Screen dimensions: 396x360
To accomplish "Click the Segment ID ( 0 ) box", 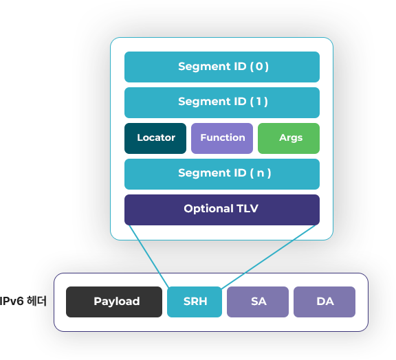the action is pyautogui.click(x=222, y=67).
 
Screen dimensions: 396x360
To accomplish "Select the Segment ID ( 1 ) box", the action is pyautogui.click(x=222, y=102).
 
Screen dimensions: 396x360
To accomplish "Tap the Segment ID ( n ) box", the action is pyautogui.click(x=222, y=174).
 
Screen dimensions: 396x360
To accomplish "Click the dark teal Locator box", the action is pyautogui.click(x=155, y=138).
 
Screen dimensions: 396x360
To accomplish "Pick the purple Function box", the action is pyautogui.click(x=222, y=138).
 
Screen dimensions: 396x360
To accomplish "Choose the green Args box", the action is pyautogui.click(x=289, y=138).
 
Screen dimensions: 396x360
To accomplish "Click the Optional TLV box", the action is pyautogui.click(x=222, y=210).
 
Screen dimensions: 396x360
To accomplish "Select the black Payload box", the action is pyautogui.click(x=114, y=302).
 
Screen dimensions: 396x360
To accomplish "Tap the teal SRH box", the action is pyautogui.click(x=195, y=302).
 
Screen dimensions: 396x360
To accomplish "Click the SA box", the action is pyautogui.click(x=258, y=302).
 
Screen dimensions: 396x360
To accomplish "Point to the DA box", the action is pyautogui.click(x=324, y=302).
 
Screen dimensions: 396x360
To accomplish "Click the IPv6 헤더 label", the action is pyautogui.click(x=23, y=301).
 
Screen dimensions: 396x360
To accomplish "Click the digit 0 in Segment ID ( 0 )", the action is pyautogui.click(x=259, y=67).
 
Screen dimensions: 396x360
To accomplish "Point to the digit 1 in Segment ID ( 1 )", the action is pyautogui.click(x=258, y=102).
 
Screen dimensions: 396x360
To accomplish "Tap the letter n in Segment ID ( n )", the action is pyautogui.click(x=261, y=173).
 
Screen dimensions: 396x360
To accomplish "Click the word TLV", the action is pyautogui.click(x=247, y=209).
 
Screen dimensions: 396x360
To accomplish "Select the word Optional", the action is pyautogui.click(x=208, y=209).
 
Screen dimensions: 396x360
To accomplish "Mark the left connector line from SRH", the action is pyautogui.click(x=149, y=256).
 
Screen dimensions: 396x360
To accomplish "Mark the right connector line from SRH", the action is pyautogui.click(x=268, y=256).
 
